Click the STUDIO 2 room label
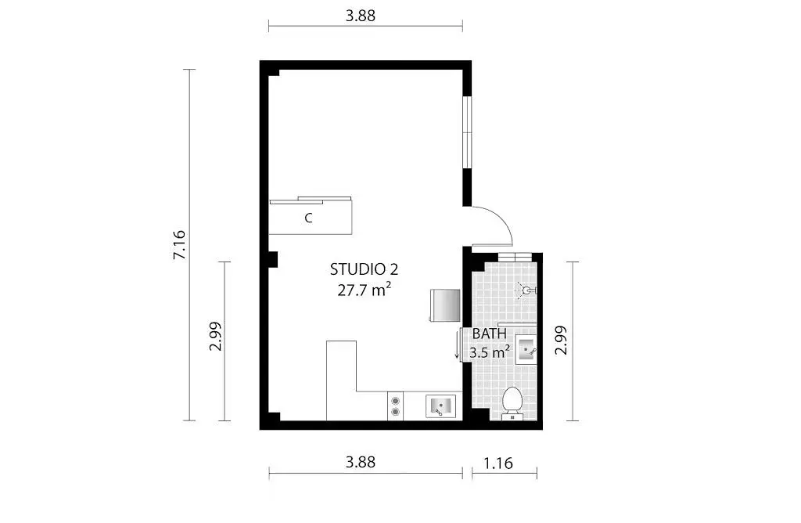click(364, 269)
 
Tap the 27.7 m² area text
click(365, 290)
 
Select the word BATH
click(490, 334)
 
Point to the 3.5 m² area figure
click(490, 352)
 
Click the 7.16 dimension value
click(179, 245)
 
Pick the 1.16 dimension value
click(498, 463)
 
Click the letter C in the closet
click(308, 218)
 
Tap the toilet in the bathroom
click(512, 402)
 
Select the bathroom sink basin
click(526, 349)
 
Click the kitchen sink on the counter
click(441, 406)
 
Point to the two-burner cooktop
click(395, 406)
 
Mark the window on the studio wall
click(467, 132)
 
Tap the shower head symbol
click(526, 290)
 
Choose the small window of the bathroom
click(515, 257)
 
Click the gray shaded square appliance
click(445, 305)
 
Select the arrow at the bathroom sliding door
click(457, 345)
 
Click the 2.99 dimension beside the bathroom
click(562, 340)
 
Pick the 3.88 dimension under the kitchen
click(361, 462)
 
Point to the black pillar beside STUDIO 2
click(273, 259)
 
